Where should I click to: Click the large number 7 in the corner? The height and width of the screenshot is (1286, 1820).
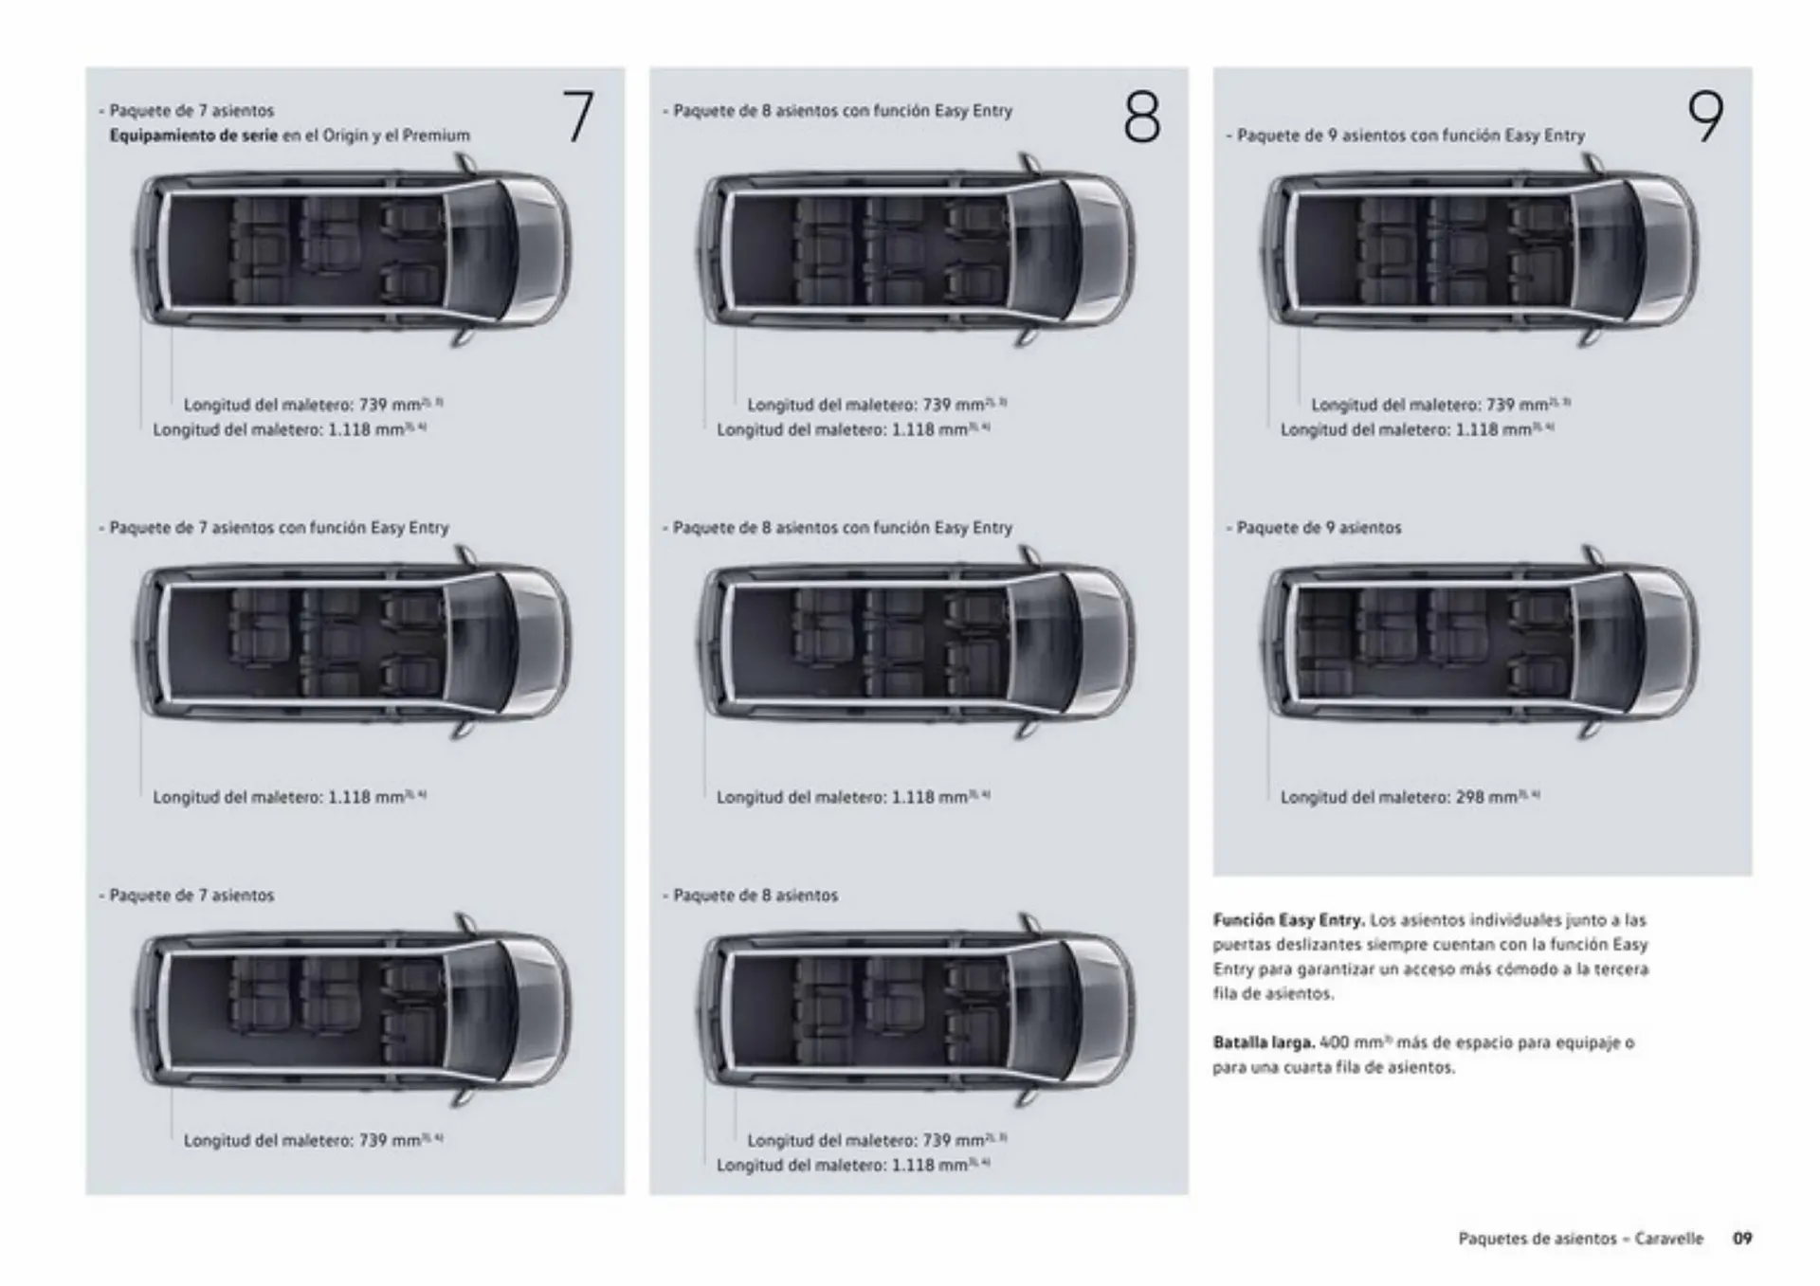(577, 117)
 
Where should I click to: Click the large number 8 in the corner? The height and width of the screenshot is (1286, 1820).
(1141, 118)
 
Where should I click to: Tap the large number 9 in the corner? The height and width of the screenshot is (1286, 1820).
(1704, 118)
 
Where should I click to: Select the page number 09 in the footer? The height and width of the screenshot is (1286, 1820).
(1742, 1239)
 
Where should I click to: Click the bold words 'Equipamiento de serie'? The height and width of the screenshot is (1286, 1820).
(193, 136)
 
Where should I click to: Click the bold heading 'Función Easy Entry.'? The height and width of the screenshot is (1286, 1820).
(1288, 920)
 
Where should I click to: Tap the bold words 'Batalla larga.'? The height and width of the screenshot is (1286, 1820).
(1264, 1042)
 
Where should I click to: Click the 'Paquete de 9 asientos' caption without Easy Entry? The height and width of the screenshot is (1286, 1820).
(1318, 528)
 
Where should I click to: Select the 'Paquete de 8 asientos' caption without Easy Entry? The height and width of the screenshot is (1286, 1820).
(755, 896)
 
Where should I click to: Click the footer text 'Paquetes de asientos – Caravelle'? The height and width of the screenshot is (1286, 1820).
(1580, 1239)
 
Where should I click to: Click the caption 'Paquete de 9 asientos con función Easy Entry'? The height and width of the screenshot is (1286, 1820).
(1410, 136)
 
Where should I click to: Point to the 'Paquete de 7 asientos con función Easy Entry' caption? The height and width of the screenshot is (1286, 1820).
(278, 528)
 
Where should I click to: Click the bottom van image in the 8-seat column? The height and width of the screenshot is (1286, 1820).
(917, 1011)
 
